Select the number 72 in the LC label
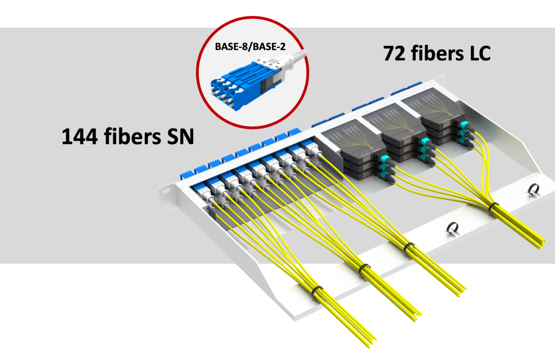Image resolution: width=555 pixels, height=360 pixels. click(394, 53)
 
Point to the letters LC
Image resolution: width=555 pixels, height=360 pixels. click(476, 53)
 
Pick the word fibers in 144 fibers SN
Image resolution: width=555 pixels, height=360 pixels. click(132, 137)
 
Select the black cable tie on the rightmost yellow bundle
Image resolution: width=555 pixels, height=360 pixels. click(493, 207)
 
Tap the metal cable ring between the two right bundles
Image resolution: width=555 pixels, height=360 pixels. click(452, 227)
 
